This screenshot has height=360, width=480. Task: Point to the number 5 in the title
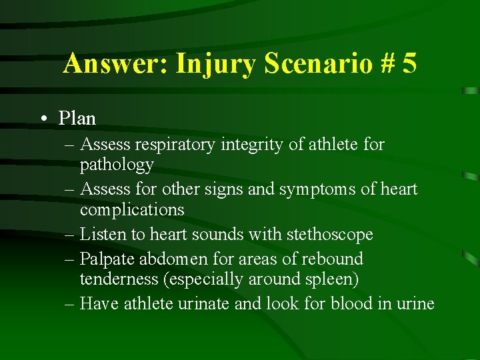coord(409,64)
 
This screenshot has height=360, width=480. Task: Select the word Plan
coord(77,119)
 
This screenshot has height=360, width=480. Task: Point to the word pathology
coord(117,164)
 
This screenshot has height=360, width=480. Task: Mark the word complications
coord(132,209)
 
